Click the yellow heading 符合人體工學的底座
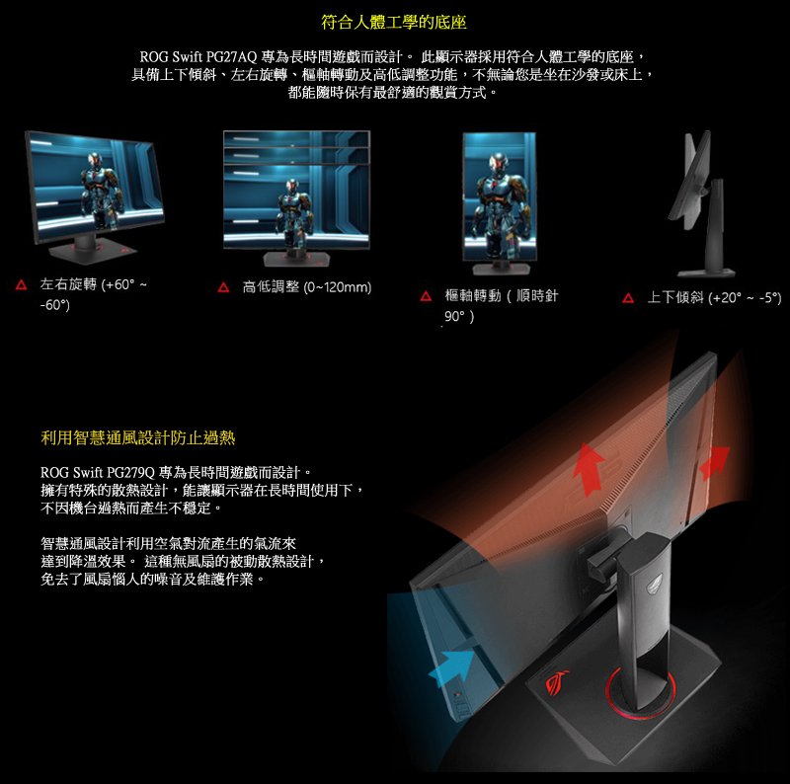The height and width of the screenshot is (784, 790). (393, 22)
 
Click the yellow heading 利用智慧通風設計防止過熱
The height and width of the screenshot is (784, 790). (137, 437)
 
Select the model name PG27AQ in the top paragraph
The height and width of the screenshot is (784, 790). (231, 57)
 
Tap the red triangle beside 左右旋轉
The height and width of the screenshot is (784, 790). (21, 284)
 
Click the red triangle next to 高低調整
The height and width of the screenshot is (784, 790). (223, 287)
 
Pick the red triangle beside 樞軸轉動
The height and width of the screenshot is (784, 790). (426, 296)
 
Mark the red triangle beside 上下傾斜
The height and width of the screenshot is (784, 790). (628, 298)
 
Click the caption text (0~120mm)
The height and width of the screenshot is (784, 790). (338, 287)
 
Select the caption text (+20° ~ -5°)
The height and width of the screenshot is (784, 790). (745, 298)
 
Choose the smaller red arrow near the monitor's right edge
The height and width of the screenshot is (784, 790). (714, 462)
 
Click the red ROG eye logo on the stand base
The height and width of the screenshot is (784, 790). (557, 683)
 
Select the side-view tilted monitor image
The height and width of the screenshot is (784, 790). (703, 204)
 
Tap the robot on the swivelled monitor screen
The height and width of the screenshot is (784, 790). (102, 189)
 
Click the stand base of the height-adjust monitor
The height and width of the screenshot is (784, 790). (296, 259)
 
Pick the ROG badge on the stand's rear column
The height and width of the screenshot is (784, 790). (655, 580)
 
